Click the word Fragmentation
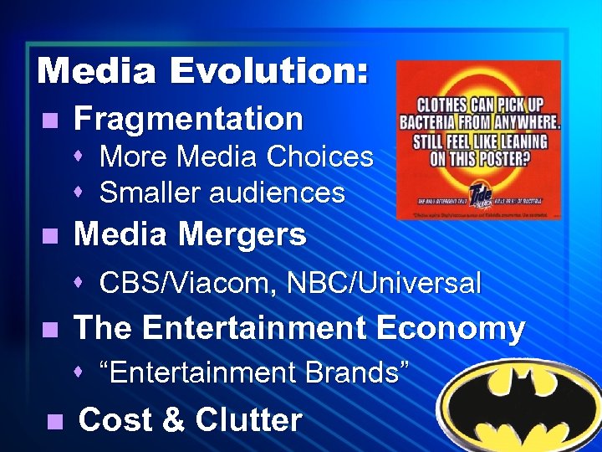tap(188, 119)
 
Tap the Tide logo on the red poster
tap(480, 193)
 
